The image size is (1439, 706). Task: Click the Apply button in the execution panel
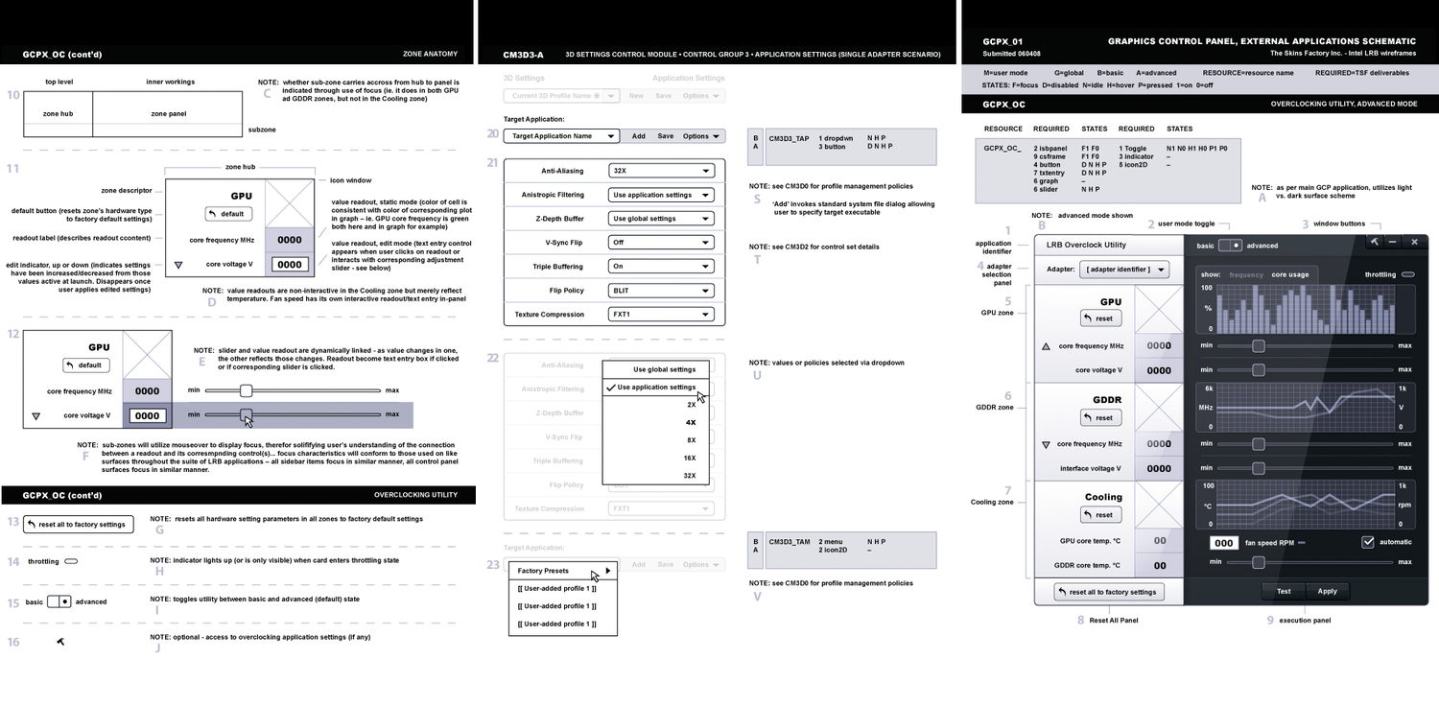tap(1327, 591)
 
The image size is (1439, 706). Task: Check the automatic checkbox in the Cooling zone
tap(1368, 542)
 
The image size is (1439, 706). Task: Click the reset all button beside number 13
tap(80, 525)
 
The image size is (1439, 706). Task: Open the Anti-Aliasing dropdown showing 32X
tap(662, 171)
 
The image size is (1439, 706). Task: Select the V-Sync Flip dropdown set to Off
tap(662, 243)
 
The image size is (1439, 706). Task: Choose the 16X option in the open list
tap(690, 458)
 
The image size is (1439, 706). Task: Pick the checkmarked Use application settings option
tap(656, 388)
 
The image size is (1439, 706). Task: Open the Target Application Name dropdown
tap(562, 136)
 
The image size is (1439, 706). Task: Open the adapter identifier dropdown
tap(1124, 271)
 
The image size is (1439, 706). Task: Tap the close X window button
tap(1414, 243)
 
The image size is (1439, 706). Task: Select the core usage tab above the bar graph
tap(1289, 274)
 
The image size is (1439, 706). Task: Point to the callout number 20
tap(492, 135)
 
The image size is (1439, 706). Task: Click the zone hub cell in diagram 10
tap(58, 113)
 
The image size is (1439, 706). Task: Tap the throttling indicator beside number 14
tap(71, 561)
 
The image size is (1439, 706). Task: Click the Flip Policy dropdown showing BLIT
tap(662, 291)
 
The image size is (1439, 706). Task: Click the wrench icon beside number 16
tap(60, 641)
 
